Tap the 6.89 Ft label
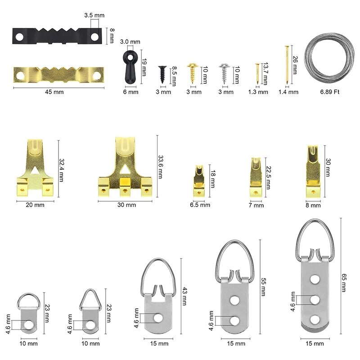tap(330, 92)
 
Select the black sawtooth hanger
tap(57, 36)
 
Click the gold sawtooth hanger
tap(58, 75)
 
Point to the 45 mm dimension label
tap(54, 92)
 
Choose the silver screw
tap(224, 73)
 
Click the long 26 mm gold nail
tap(287, 65)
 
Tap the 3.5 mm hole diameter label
tap(94, 15)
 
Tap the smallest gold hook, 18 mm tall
tap(198, 181)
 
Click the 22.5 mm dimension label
tap(268, 177)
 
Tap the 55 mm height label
tap(263, 287)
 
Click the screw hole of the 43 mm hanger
tap(158, 318)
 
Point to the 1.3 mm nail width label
tap(258, 92)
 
